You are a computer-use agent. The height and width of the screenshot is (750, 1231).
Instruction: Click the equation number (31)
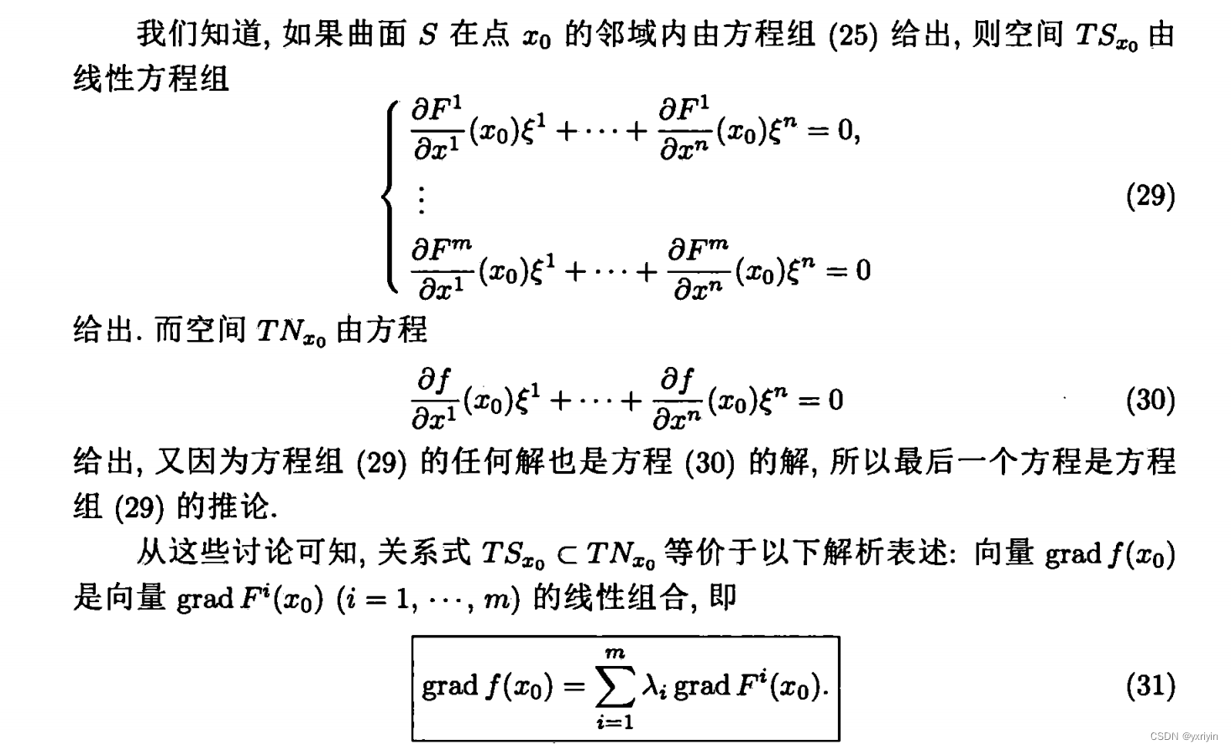(1150, 686)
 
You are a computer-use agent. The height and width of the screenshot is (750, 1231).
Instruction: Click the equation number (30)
(1150, 401)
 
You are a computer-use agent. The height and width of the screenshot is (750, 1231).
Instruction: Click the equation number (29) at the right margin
(1150, 196)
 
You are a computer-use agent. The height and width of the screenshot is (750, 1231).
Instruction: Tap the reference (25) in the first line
(852, 36)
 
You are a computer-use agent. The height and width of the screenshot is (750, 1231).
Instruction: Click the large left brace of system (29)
(389, 196)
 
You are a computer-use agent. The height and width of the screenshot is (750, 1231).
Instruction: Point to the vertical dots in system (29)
(421, 199)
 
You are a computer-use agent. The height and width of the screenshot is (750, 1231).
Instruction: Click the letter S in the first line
(427, 36)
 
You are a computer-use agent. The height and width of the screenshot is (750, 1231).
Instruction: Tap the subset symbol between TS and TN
(567, 553)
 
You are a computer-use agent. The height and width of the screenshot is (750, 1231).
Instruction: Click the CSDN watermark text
(1183, 737)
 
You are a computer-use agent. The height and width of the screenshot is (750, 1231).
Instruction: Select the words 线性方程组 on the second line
(151, 80)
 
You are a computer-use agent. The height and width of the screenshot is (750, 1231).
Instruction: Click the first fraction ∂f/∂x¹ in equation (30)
(434, 400)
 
